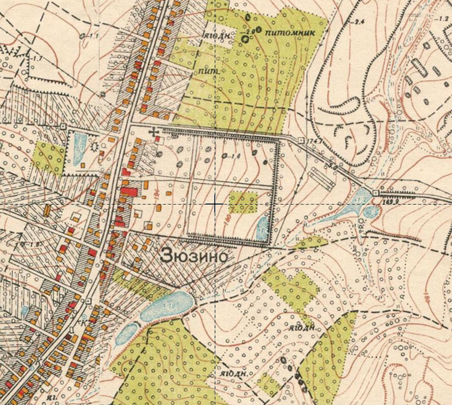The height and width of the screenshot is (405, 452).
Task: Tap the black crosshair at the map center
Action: pos(216,205)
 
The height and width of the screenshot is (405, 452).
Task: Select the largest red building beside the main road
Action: pos(129,192)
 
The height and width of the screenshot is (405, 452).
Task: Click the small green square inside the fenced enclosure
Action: pos(242,202)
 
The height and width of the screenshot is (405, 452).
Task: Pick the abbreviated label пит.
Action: pos(206,71)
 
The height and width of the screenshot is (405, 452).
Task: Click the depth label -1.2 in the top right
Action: pos(441,19)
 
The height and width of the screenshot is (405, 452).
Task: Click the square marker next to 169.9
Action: pos(375,193)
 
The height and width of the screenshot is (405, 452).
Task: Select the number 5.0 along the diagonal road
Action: pos(334,165)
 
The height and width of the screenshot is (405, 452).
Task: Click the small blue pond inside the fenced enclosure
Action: pos(262,227)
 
